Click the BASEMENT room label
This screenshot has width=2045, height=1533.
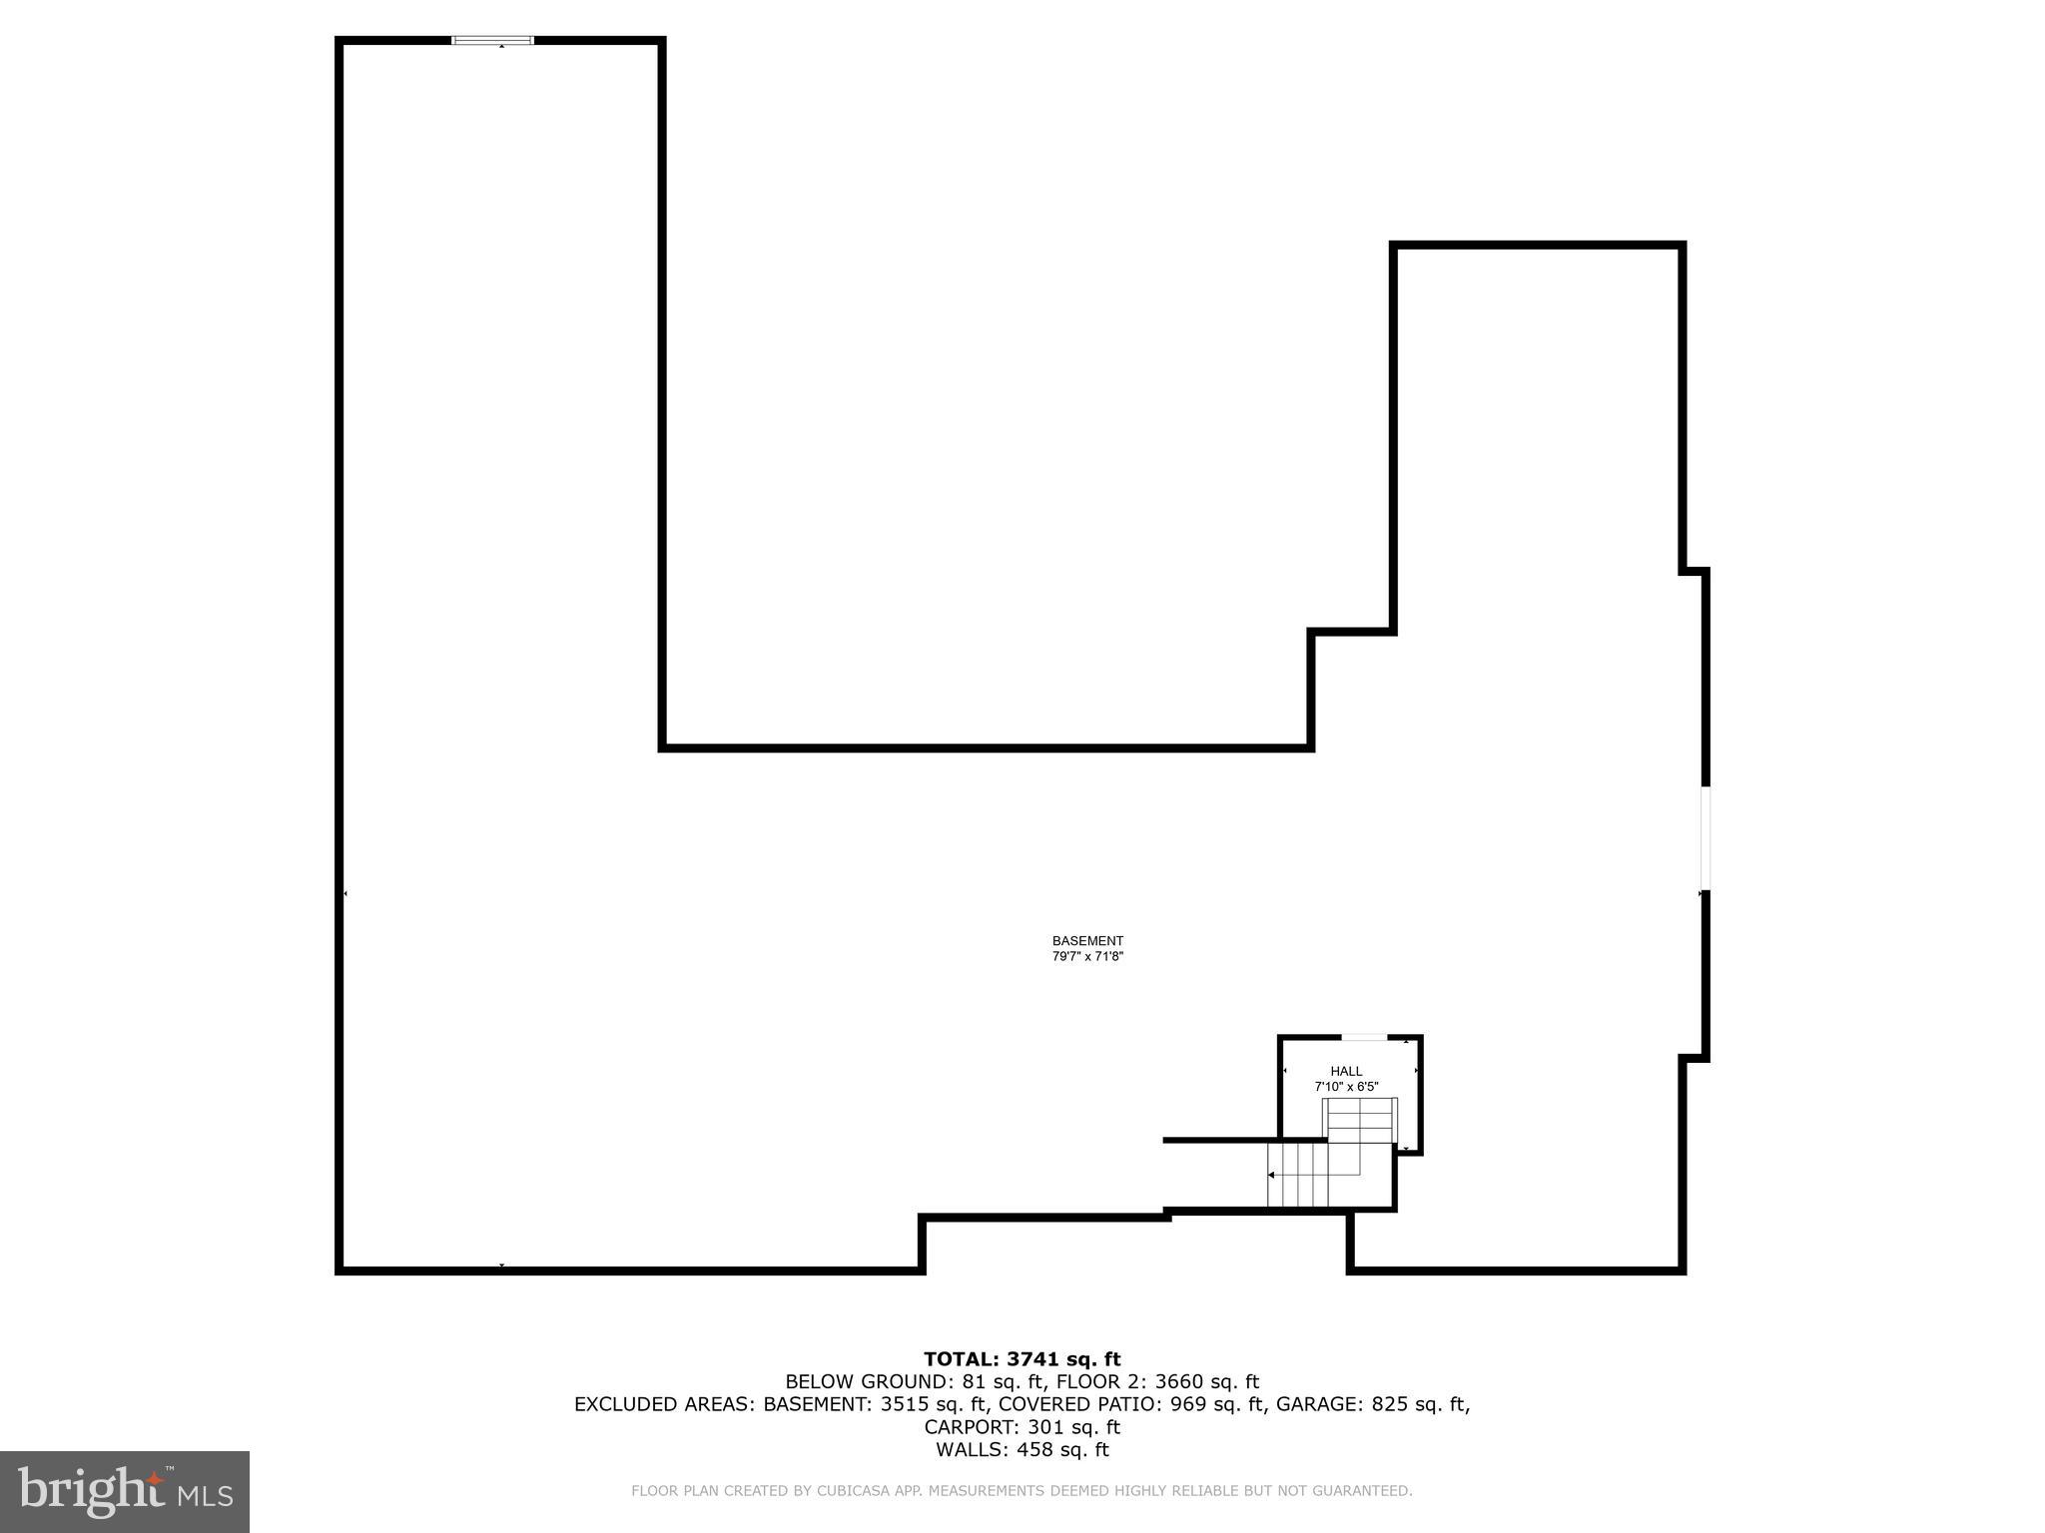pos(1087,940)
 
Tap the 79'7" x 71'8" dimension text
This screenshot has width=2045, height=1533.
pos(1087,956)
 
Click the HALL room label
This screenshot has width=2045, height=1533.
pos(1346,1071)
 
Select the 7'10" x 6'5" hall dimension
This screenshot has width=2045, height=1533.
pos(1346,1086)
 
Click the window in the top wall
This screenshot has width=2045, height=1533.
pos(493,41)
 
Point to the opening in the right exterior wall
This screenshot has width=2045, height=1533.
pos(1705,838)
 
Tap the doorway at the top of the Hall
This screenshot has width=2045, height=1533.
pos(1363,1038)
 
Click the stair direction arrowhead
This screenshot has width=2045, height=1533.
pos(1271,1176)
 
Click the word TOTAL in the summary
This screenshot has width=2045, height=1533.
pos(960,1359)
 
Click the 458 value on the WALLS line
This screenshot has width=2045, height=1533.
pos(1034,1450)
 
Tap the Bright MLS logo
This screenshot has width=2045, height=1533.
pos(125,1492)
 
